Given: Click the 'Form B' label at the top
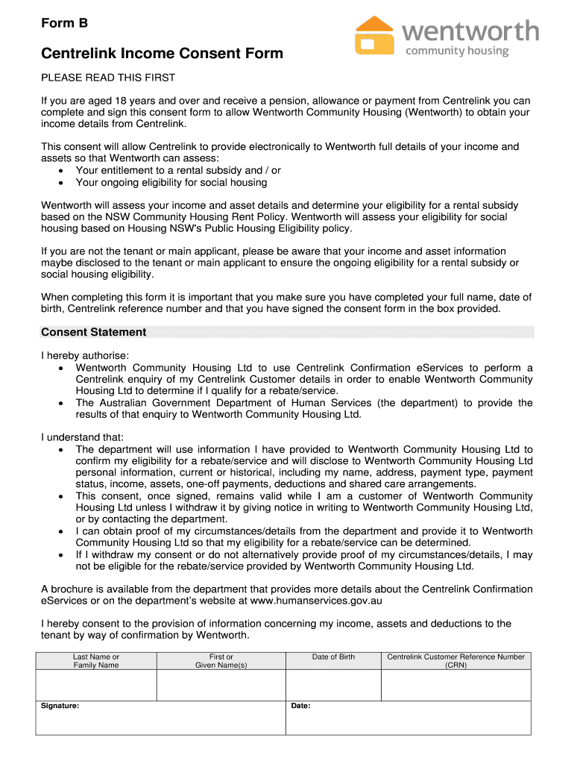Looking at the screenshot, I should pyautogui.click(x=64, y=23).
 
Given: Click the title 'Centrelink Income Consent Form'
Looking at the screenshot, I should pyautogui.click(x=162, y=53).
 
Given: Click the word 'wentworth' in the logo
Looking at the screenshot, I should pyautogui.click(x=470, y=31).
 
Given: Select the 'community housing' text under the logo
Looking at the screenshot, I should pyautogui.click(x=456, y=51).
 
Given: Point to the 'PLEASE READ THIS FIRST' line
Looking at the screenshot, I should pyautogui.click(x=108, y=78).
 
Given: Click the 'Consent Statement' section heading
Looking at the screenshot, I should pyautogui.click(x=93, y=332).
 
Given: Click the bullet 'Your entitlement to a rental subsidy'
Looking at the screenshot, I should pyautogui.click(x=178, y=170).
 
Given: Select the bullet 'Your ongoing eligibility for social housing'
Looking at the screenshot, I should pyautogui.click(x=171, y=182).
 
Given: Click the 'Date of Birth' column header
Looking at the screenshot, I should pyautogui.click(x=333, y=657).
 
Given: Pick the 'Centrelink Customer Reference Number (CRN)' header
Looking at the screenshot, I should pyautogui.click(x=455, y=661).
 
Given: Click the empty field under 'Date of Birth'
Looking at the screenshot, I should pyautogui.click(x=333, y=685).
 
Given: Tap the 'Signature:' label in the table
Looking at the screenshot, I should pyautogui.click(x=60, y=706).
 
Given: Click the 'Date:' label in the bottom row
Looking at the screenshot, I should pyautogui.click(x=300, y=706).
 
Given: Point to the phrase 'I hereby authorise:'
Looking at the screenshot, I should pyautogui.click(x=85, y=355).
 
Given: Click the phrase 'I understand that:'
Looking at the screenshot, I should pyautogui.click(x=83, y=437).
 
